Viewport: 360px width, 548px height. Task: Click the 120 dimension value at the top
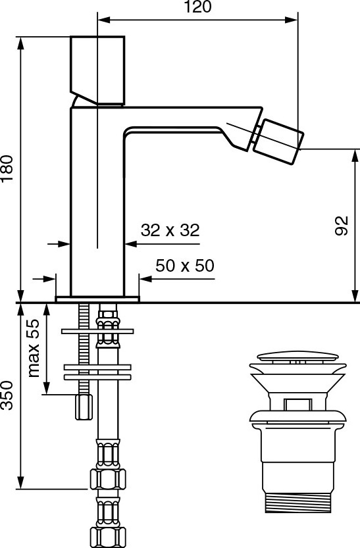point(197,7)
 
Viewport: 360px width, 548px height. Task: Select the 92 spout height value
point(342,226)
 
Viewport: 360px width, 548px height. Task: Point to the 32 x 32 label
point(170,230)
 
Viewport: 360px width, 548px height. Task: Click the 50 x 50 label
point(185,266)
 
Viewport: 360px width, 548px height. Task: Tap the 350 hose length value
point(7,395)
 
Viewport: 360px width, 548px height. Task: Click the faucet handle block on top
point(97,70)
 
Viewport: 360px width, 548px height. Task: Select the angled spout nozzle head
point(278,141)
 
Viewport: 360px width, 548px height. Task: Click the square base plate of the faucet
point(97,299)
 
